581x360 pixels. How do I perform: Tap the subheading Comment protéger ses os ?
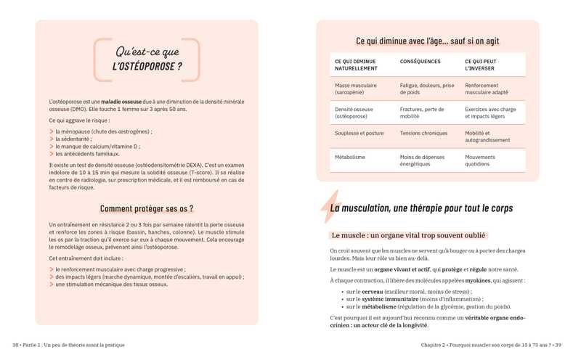click(147, 209)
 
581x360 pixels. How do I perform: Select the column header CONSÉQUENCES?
click(420, 61)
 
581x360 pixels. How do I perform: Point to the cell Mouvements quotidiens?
click(480, 160)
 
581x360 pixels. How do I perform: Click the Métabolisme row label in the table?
click(350, 157)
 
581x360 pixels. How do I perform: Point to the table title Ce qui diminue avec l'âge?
click(427, 41)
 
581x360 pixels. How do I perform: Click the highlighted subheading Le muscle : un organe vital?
click(408, 235)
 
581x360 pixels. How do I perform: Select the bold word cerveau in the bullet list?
click(375, 291)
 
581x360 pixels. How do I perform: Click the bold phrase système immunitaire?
click(386, 298)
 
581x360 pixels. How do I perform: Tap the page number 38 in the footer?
click(16, 345)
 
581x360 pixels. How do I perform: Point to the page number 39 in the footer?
click(557, 345)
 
